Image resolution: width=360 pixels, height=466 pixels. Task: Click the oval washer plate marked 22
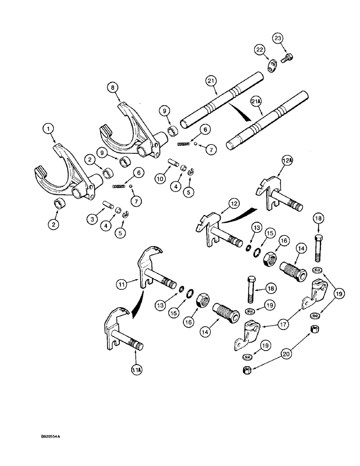272,65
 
